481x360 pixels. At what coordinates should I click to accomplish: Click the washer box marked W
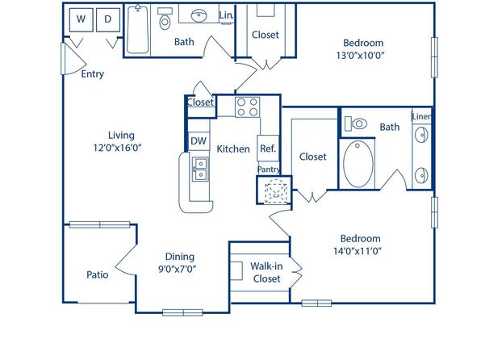click(x=82, y=19)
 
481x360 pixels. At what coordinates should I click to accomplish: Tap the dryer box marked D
click(x=108, y=19)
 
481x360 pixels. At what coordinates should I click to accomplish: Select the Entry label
click(x=92, y=74)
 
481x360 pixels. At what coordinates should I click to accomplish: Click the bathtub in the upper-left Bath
click(x=138, y=30)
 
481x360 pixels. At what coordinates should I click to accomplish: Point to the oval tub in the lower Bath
click(x=358, y=164)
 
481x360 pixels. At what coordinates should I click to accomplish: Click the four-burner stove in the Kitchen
click(x=247, y=107)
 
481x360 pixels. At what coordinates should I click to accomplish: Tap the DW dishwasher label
click(x=199, y=141)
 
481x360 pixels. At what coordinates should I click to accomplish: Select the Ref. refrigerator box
click(x=268, y=149)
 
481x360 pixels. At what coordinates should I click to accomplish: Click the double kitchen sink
click(x=199, y=170)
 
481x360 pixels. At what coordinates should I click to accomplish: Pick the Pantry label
click(x=269, y=170)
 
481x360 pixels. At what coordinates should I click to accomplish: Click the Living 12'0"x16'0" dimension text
click(x=118, y=148)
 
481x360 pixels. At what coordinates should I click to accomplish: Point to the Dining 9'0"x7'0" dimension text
click(x=177, y=269)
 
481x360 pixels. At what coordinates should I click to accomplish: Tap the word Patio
click(x=97, y=274)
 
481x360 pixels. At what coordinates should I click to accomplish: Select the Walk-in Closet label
click(x=266, y=273)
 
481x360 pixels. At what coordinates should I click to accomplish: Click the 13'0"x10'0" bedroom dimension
click(x=361, y=56)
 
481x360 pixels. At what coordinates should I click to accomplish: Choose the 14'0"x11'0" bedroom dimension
click(x=358, y=251)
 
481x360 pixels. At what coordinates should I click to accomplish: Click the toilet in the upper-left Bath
click(x=165, y=19)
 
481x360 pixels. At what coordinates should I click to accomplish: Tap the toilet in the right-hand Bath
click(x=356, y=123)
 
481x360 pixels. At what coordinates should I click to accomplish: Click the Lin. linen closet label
click(x=227, y=15)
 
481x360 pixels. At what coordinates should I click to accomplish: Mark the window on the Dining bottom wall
click(x=182, y=312)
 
